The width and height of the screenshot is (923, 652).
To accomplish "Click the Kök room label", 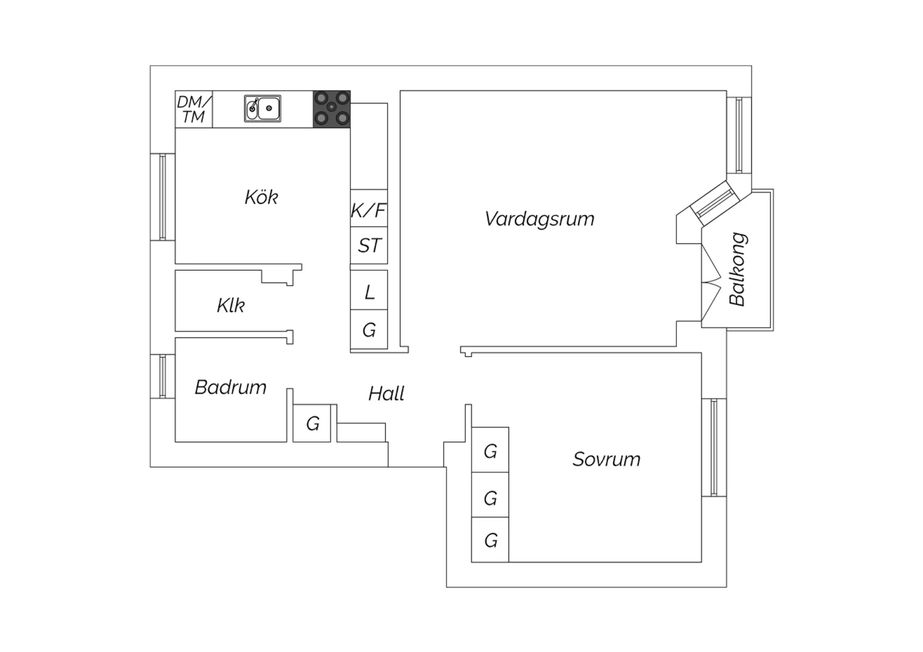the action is (x=262, y=197).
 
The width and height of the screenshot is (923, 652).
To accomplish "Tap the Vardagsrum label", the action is (x=540, y=219).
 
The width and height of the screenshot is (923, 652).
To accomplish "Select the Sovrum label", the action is (x=607, y=459).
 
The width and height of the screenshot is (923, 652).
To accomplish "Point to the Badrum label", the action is (x=230, y=387).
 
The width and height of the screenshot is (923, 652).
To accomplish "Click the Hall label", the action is (x=386, y=393).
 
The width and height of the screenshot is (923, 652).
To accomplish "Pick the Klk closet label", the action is (x=231, y=306).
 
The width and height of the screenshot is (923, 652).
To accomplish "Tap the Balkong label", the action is (x=738, y=269).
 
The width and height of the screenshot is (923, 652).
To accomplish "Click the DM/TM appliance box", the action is (x=194, y=109).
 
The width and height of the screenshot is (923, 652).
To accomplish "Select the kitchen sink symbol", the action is (x=263, y=108).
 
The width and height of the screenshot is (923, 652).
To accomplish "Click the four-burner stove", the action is (x=332, y=109).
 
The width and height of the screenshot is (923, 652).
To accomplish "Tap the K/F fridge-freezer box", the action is (x=369, y=208).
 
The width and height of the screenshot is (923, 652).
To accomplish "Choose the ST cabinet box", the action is (x=369, y=245).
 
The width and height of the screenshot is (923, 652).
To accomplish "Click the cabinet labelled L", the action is (x=369, y=290).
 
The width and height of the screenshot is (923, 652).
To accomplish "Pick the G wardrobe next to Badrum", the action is (x=312, y=423).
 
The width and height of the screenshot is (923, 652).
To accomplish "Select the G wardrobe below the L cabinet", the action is (x=369, y=330).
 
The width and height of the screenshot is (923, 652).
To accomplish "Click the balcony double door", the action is (x=711, y=282).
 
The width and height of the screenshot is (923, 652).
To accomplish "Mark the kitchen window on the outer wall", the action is (x=163, y=196).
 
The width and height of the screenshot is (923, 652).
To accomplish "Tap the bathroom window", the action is (x=163, y=376).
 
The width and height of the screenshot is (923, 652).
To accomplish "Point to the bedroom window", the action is (x=714, y=447).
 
